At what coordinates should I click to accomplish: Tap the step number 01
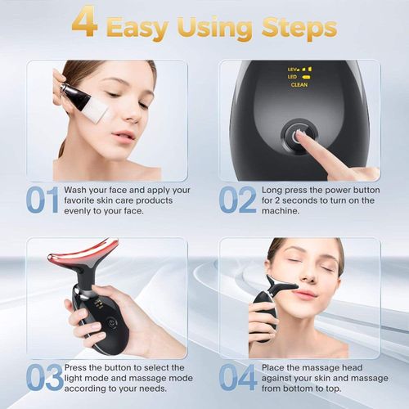[x=42, y=200]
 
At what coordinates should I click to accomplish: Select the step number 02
[x=237, y=200]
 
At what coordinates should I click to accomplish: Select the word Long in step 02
[x=273, y=189]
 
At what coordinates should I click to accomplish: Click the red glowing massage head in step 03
[x=81, y=260]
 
